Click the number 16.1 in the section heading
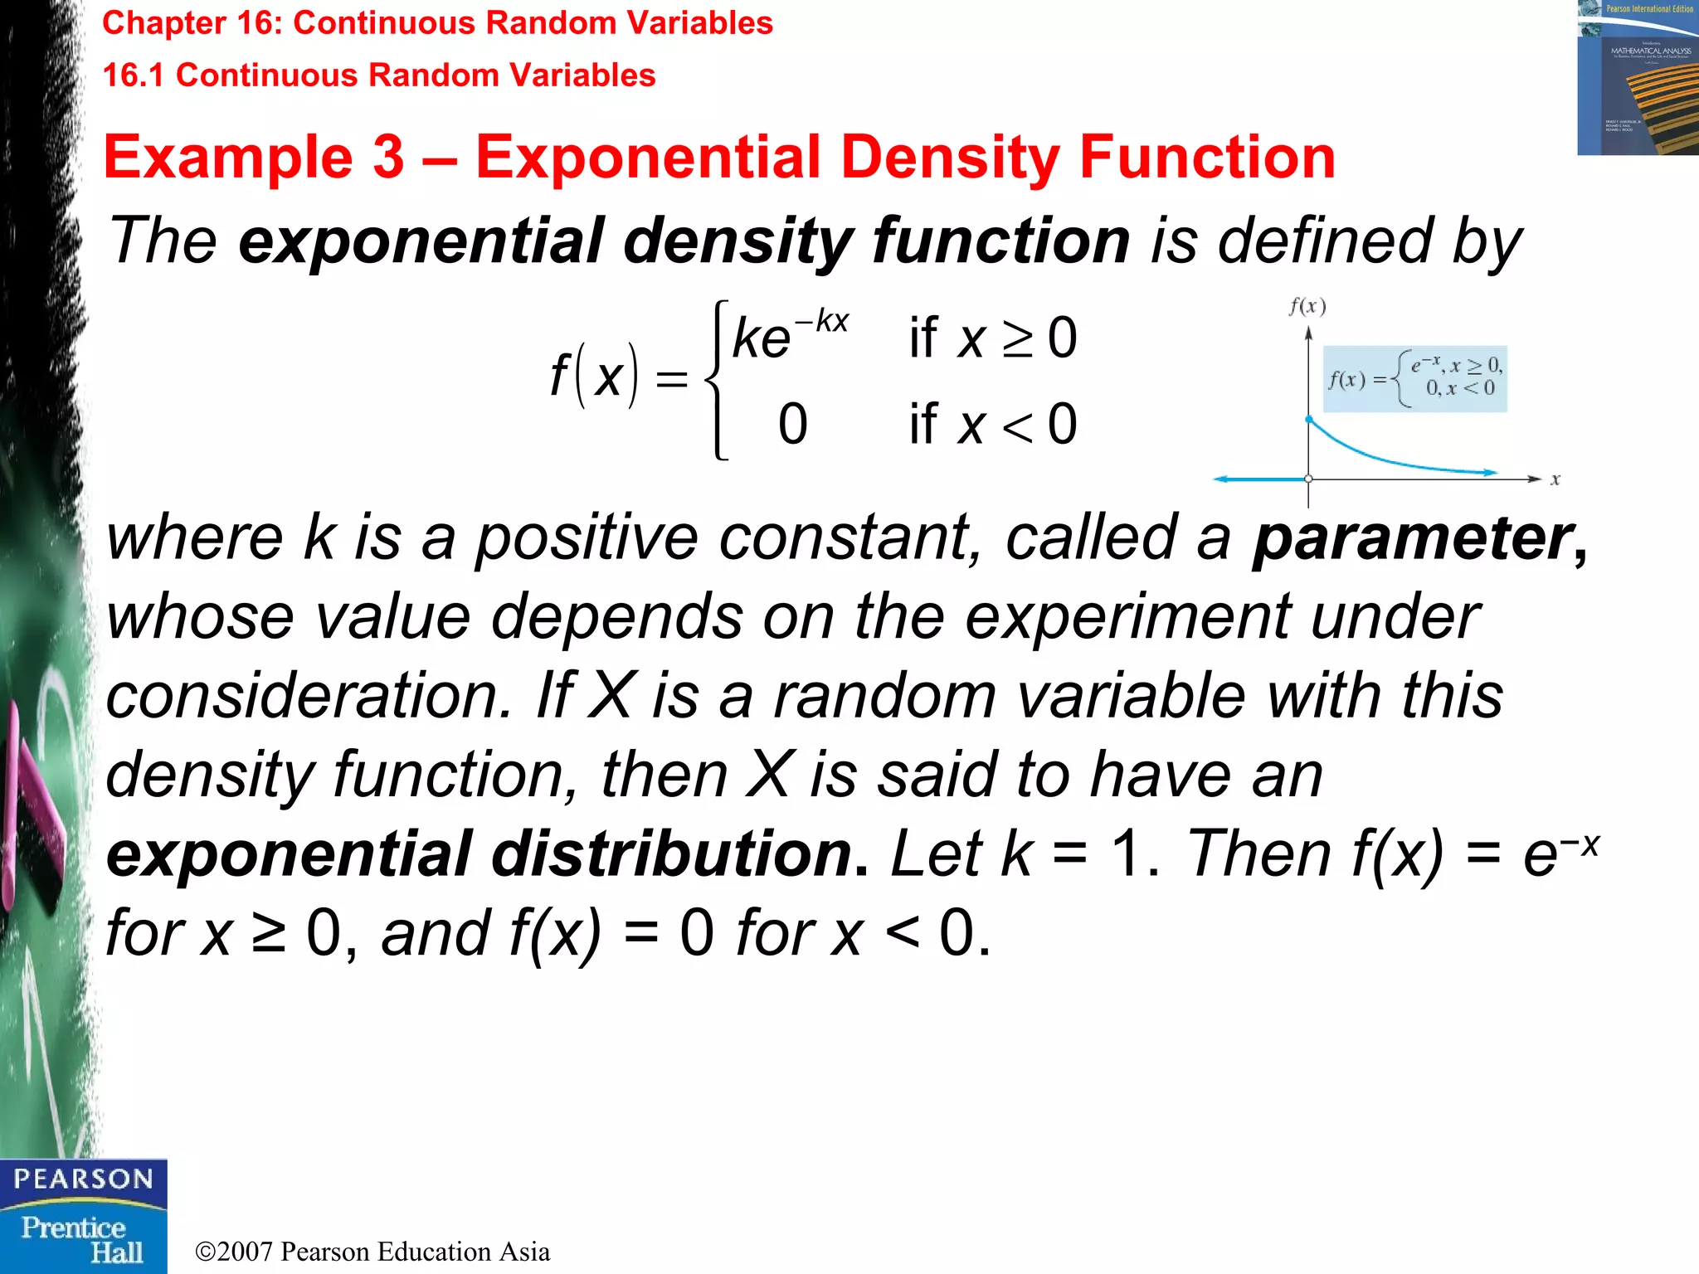pos(134,75)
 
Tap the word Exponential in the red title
pos(648,158)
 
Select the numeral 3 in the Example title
pos(388,158)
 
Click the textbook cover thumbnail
pos(1637,77)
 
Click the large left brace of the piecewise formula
pos(716,379)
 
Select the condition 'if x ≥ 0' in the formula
pos(992,338)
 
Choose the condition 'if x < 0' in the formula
pos(992,425)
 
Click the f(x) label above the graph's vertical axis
pos(1307,307)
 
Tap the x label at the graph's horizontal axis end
pos(1555,479)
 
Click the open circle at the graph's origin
pos(1308,479)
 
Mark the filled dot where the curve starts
pos(1308,420)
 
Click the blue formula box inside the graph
pos(1414,378)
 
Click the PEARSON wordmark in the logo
pos(83,1179)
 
